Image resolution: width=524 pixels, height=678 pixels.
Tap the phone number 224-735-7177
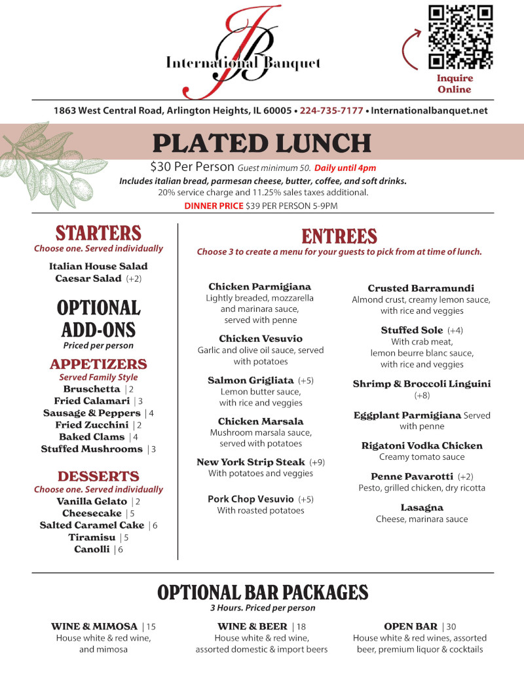pyautogui.click(x=331, y=111)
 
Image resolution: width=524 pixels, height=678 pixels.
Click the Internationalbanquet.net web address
pyautogui.click(x=429, y=111)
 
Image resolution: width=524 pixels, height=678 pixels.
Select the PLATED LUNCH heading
pyautogui.click(x=262, y=143)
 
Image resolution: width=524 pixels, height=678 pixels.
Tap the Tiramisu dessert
pyautogui.click(x=91, y=537)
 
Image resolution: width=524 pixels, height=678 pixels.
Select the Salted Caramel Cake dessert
pyautogui.click(x=92, y=525)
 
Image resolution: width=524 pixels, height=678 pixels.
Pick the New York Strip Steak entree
pyautogui.click(x=251, y=462)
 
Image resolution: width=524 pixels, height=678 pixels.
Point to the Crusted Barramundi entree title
pyautogui.click(x=421, y=288)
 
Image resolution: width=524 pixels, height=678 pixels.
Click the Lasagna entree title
pyautogui.click(x=422, y=508)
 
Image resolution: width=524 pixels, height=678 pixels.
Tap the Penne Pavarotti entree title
pyautogui.click(x=413, y=476)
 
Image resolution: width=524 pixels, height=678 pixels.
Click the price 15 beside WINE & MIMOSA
pyautogui.click(x=151, y=627)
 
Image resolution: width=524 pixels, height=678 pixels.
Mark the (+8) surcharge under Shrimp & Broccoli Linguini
pyautogui.click(x=422, y=396)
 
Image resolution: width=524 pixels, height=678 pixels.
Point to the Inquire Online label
pyautogui.click(x=455, y=84)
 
